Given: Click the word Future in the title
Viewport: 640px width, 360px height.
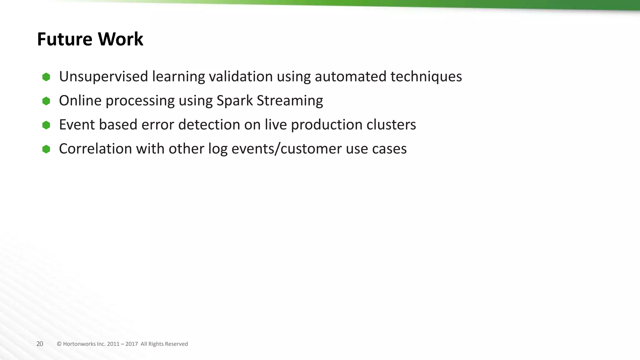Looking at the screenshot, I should [x=64, y=39].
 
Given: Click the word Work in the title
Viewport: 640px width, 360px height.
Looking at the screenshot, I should [x=120, y=39].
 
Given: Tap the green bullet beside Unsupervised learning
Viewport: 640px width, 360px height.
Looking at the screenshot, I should [x=46, y=77].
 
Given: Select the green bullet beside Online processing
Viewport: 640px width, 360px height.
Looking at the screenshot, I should [x=46, y=101].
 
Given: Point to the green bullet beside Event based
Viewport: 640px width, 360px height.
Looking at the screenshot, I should [x=46, y=125].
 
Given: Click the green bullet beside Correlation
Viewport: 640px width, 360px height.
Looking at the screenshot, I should [x=46, y=149].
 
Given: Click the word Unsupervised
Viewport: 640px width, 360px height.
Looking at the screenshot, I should [x=103, y=77].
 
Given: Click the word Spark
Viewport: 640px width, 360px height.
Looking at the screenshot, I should [x=234, y=101].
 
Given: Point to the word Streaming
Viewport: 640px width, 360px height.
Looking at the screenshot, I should [x=290, y=101].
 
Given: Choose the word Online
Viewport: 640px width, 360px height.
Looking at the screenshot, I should [x=80, y=101].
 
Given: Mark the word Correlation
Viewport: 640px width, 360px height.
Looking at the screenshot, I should [x=95, y=149].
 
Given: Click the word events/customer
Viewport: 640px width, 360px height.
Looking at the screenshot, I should [x=287, y=149].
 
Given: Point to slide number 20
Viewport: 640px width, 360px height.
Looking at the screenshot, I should [x=40, y=344].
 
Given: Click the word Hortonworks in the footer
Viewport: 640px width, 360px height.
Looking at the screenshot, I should [x=79, y=344].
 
